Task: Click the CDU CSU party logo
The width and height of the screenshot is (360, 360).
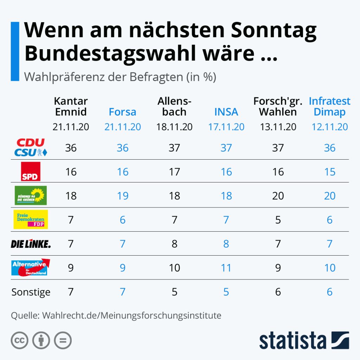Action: click(30, 148)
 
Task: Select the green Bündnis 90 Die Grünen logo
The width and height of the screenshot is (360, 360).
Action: click(30, 195)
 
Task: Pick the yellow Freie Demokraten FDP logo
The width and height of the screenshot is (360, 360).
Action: click(30, 219)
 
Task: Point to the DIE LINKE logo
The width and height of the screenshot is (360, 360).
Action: click(31, 244)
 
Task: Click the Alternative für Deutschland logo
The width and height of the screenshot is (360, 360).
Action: click(30, 268)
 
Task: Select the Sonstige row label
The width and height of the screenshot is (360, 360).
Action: click(31, 292)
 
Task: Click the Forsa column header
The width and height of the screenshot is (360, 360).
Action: click(122, 112)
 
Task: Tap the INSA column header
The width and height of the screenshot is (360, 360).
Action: click(226, 112)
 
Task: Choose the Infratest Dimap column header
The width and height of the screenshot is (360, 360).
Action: click(329, 107)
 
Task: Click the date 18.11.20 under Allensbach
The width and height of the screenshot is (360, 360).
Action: click(174, 127)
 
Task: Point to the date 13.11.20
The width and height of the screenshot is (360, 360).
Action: click(278, 127)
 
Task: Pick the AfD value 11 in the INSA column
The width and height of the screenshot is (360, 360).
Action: click(226, 268)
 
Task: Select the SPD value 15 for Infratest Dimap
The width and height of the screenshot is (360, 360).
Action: click(329, 172)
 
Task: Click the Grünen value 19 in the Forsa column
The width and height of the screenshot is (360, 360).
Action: click(122, 196)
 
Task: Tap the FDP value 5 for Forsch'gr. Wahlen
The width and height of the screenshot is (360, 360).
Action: click(278, 220)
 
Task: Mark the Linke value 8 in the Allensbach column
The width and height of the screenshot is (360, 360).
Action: click(174, 244)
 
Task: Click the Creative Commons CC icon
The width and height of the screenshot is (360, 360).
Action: click(19, 340)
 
